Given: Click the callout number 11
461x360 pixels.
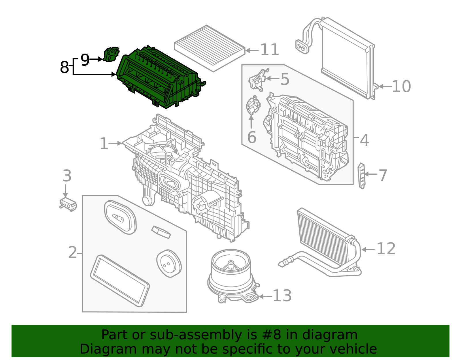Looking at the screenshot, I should click(x=270, y=50).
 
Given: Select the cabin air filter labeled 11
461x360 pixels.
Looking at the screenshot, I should click(x=209, y=48).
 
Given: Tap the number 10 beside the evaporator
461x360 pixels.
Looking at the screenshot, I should click(x=401, y=86).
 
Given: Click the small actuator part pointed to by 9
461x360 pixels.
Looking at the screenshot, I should click(x=111, y=54).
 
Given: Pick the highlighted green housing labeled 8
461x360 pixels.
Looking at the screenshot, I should click(x=158, y=78).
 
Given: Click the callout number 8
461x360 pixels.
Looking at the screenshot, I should click(x=64, y=68).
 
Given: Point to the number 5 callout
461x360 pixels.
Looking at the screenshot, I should click(x=285, y=79).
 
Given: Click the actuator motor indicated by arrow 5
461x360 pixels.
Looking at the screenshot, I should click(x=257, y=80).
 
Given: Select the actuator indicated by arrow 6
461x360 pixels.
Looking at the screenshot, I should click(x=253, y=106).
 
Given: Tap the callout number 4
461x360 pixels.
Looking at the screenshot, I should click(x=364, y=140).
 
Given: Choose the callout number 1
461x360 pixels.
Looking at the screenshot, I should click(x=103, y=144).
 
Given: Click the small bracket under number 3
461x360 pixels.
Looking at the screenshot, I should click(x=68, y=204).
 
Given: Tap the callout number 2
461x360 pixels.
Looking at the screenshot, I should click(x=72, y=253).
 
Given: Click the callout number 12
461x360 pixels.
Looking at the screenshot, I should click(x=386, y=249).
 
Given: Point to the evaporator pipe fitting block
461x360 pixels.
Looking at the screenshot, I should click(x=302, y=46).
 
